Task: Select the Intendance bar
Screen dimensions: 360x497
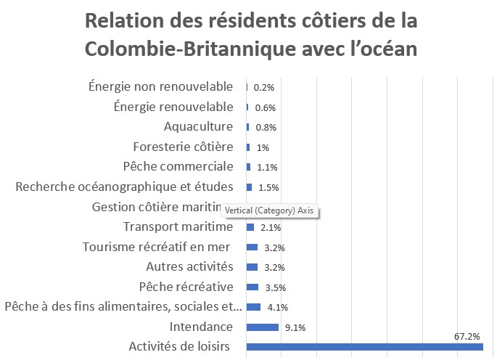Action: coord(263,327)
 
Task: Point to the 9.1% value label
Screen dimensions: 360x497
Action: coord(295,327)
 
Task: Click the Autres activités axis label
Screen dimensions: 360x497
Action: coord(190,266)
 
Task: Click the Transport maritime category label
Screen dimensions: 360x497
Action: coord(178,226)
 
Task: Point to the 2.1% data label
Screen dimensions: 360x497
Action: coord(271,227)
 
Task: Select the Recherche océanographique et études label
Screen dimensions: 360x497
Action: coord(124,187)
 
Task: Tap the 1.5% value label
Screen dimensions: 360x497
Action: coord(268,187)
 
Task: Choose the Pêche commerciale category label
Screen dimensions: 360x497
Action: coord(178,166)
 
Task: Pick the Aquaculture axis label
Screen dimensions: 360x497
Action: coord(198,127)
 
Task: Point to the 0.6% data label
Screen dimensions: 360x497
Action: coord(266,107)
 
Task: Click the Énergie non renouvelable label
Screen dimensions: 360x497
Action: coord(160,87)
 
